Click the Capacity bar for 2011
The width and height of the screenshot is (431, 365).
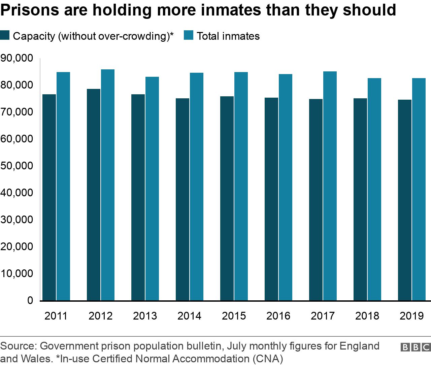49,197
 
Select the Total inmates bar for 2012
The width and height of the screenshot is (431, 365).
108,185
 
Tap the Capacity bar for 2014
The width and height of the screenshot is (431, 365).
183,199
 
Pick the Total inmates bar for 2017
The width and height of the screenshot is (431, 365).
330,186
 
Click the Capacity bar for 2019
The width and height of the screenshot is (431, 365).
405,200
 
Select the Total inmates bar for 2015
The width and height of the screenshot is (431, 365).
241,186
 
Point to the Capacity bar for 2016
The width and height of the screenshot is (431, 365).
271,199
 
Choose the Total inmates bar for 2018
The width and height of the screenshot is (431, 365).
374,189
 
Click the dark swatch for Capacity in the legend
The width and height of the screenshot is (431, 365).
5,35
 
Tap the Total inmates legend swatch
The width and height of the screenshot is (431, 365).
189,35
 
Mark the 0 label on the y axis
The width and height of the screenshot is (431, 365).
30,300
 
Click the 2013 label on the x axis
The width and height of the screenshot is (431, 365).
145,316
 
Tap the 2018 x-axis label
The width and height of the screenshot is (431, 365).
367,316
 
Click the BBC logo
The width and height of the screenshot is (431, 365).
415,347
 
